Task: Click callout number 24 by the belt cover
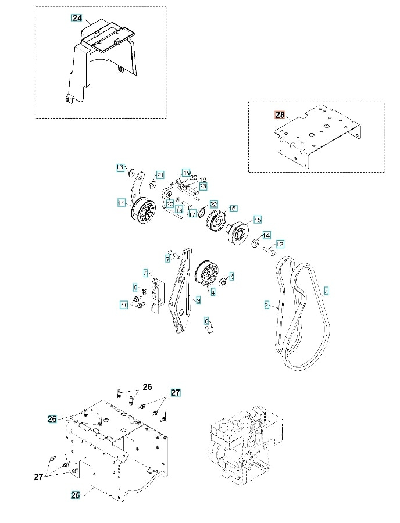(x=77, y=18)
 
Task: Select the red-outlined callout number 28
(x=279, y=115)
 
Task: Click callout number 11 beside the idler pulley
(x=121, y=203)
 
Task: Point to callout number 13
(x=120, y=167)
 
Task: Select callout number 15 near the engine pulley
(x=257, y=220)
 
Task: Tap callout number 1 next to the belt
(x=326, y=291)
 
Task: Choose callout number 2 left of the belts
(x=266, y=305)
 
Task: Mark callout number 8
(x=206, y=321)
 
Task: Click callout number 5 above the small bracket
(x=147, y=272)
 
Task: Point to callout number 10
(x=123, y=305)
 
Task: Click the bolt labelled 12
(x=269, y=252)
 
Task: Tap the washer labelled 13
(x=132, y=171)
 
